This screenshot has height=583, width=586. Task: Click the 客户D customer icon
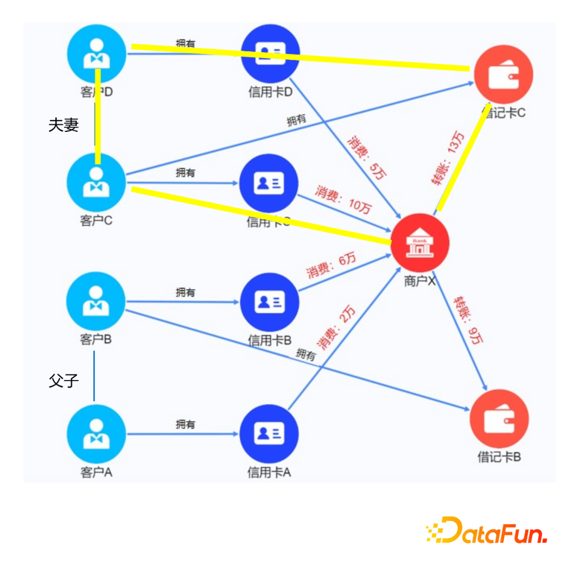click(x=97, y=54)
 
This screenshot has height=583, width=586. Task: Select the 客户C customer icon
click(x=96, y=182)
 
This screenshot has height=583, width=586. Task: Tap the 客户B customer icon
click(x=95, y=301)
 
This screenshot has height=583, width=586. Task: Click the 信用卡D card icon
click(x=270, y=53)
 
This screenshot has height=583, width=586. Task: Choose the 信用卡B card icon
click(x=270, y=302)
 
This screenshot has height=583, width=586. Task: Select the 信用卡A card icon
click(x=269, y=433)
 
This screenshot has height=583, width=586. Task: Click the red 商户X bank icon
click(x=420, y=242)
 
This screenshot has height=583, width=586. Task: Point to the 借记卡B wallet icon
click(x=499, y=419)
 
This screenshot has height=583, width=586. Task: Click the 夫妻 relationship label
click(x=63, y=125)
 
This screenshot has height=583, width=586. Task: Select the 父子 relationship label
click(x=63, y=381)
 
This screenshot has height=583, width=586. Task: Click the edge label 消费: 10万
click(x=344, y=199)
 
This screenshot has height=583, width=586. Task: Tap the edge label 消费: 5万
click(x=367, y=157)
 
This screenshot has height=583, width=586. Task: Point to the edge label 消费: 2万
click(x=337, y=328)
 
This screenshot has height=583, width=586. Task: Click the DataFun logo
click(x=486, y=530)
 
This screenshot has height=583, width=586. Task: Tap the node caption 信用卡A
click(x=269, y=473)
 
